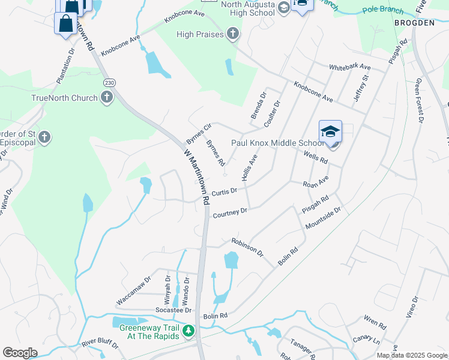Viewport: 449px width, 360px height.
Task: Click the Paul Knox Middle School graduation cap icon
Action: (330, 131)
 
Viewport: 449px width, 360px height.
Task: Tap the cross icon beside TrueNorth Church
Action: (107, 97)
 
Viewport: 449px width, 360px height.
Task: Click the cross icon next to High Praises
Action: (233, 34)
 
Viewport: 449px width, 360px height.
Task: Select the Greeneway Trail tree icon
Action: (188, 331)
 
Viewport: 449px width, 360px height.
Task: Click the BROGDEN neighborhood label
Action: (414, 22)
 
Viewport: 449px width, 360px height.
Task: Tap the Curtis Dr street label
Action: (224, 191)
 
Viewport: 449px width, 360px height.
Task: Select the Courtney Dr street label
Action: (231, 212)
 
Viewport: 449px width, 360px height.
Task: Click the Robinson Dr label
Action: (247, 247)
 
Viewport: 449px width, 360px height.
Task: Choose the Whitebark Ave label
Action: (349, 67)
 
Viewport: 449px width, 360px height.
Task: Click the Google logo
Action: (20, 353)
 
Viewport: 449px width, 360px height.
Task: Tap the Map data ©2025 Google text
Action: (412, 355)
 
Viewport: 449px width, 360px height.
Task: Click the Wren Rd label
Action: (375, 323)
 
